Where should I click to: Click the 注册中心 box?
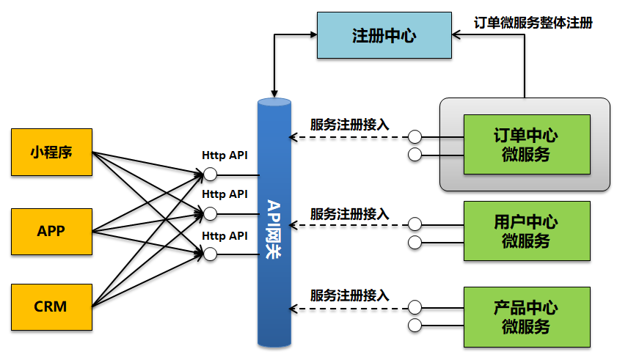click(x=383, y=35)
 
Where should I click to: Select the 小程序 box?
click(x=51, y=153)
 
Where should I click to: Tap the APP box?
click(x=51, y=232)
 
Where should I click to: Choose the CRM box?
click(x=51, y=306)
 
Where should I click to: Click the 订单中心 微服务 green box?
click(x=526, y=144)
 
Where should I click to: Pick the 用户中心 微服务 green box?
click(x=526, y=232)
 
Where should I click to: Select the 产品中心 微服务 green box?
click(x=526, y=317)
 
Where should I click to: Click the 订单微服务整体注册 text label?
click(x=533, y=22)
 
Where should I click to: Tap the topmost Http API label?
click(x=224, y=155)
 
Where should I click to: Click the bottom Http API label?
click(x=224, y=235)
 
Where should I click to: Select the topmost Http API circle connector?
click(x=211, y=175)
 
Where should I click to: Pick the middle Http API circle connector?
click(x=211, y=213)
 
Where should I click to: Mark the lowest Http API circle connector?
click(x=211, y=254)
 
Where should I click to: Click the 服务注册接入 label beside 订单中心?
click(x=349, y=125)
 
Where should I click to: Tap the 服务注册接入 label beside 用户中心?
click(x=349, y=214)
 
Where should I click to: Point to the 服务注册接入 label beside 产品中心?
click(x=349, y=295)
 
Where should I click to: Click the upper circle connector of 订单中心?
click(x=415, y=136)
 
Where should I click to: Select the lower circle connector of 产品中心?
click(x=415, y=325)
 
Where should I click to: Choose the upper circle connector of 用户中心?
click(x=415, y=224)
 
